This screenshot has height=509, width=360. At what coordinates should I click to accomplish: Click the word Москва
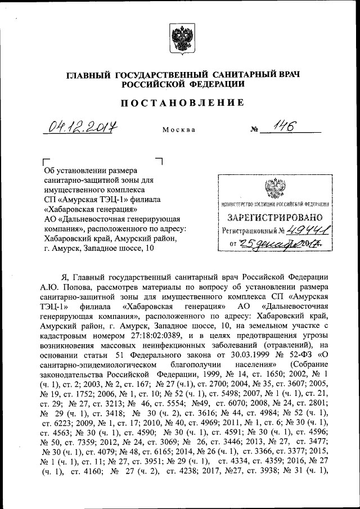coord(179,130)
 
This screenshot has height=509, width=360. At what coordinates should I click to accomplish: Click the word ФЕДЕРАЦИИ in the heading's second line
coord(217,84)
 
